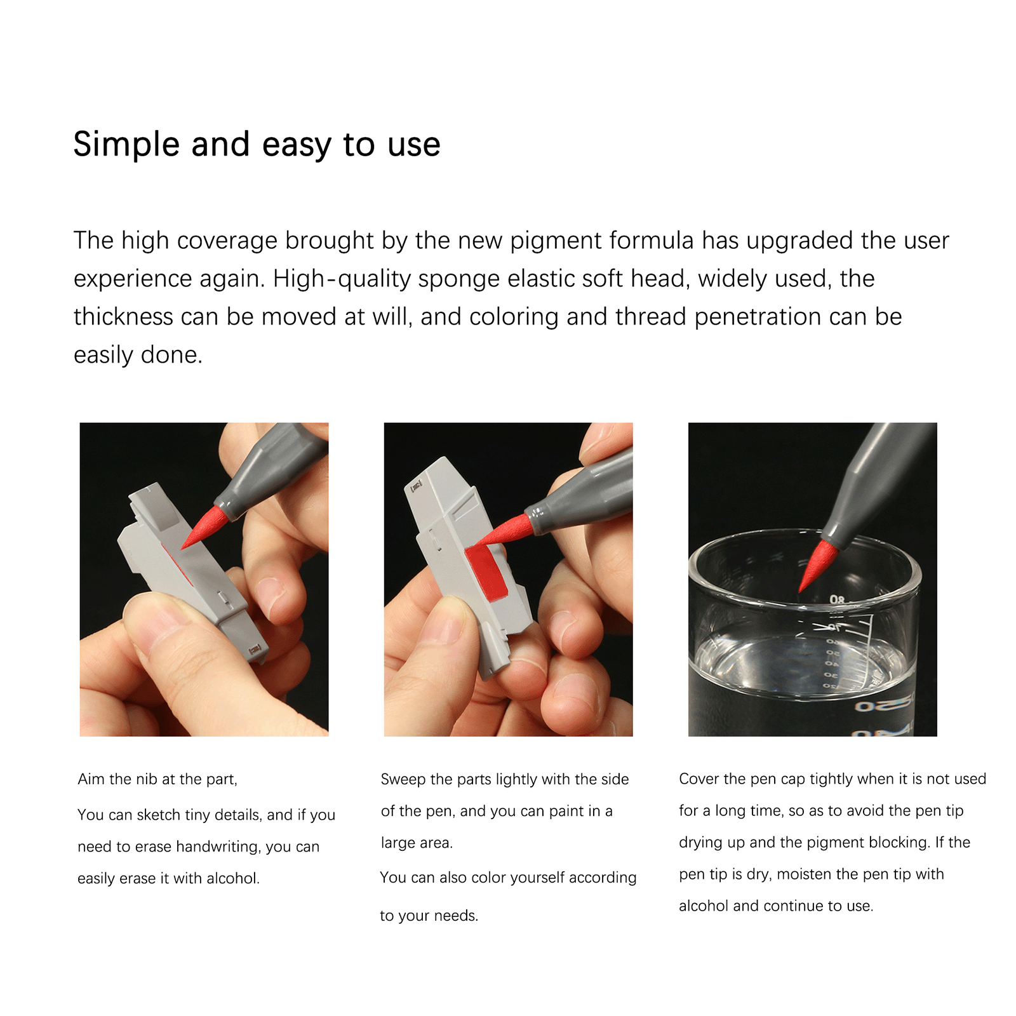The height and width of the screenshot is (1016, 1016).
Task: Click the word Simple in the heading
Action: [126, 144]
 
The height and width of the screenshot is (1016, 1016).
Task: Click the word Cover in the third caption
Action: [698, 779]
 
